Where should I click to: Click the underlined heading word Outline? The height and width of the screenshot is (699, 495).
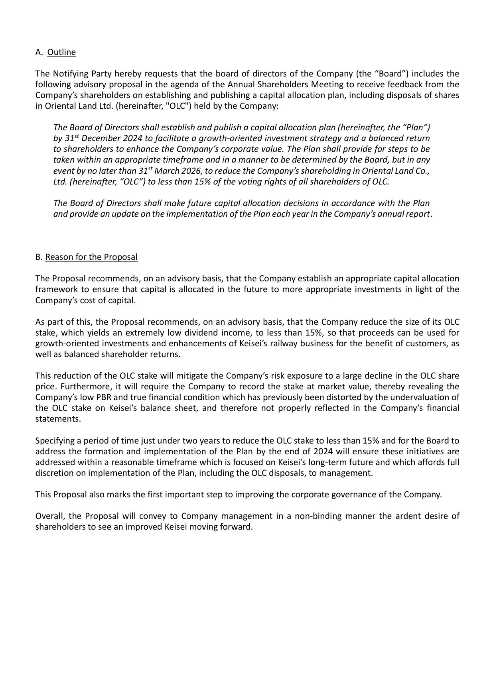pyautogui.click(x=61, y=52)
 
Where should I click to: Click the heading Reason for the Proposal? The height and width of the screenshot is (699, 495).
pyautogui.click(x=91, y=257)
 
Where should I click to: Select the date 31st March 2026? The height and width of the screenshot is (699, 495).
pyautogui.click(x=167, y=171)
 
